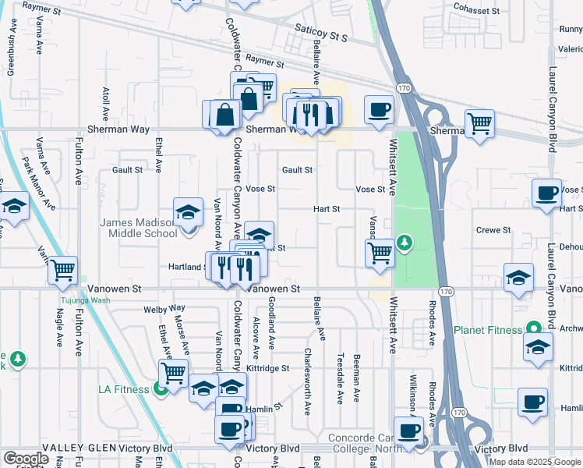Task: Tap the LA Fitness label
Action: coord(124,389)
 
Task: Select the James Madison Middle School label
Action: coord(139,227)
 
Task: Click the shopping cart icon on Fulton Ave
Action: coord(62,269)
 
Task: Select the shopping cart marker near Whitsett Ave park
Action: coord(380,252)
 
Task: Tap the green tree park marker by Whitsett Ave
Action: coord(405,243)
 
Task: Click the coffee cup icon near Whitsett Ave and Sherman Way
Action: coord(380,110)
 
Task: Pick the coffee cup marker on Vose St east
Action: coord(546,192)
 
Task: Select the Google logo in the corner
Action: coord(26,459)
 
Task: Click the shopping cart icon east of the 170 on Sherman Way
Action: coord(479,122)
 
